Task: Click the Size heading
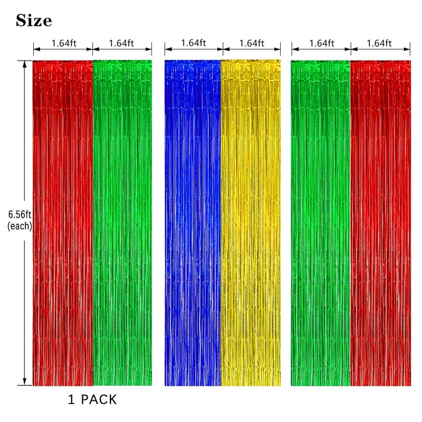pos(34,21)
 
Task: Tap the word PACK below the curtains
pos(100,400)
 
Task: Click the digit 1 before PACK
pos(71,400)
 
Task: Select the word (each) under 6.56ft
pos(20,226)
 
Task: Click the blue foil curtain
pos(193,222)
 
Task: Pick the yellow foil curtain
pos(251,222)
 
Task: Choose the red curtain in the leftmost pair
pos(63,222)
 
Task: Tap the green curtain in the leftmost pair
pos(122,222)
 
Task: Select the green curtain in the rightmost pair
pos(320,222)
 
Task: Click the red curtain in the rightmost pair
pos(380,222)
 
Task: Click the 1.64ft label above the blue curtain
pos(193,43)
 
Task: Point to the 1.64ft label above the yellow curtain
pos(251,43)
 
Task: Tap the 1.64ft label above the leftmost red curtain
pos(63,43)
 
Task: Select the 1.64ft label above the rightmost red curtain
pos(380,43)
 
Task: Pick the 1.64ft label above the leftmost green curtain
pos(121,43)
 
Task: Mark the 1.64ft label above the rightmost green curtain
pos(321,43)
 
